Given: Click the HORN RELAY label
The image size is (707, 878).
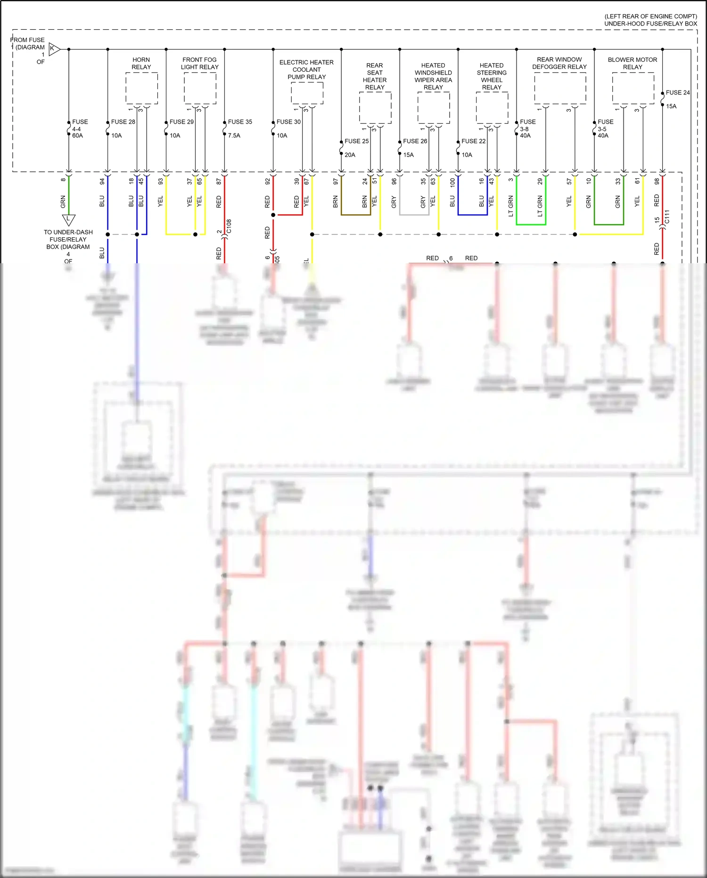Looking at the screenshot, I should (x=141, y=63).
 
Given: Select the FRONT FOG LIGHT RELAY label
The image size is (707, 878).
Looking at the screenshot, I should (x=199, y=63).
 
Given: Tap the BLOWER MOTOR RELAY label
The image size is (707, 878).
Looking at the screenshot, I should (x=632, y=63).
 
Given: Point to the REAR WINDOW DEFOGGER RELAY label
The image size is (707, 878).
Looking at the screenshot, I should (x=559, y=63).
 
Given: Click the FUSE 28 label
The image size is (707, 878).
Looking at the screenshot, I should (x=123, y=122).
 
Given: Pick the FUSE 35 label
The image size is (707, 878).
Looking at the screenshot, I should (x=240, y=122).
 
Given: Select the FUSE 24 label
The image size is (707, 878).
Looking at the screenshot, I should (x=677, y=92).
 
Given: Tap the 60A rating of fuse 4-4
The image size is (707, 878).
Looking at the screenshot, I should (x=77, y=135).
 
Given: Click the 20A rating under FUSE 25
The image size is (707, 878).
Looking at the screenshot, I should (x=350, y=155).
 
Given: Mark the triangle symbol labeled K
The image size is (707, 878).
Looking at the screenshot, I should (x=54, y=49).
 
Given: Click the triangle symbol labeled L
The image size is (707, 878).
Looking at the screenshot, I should (x=68, y=219).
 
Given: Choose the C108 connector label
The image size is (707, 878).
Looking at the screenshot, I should (x=229, y=226).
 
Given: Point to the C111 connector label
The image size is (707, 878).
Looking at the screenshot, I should (x=667, y=217).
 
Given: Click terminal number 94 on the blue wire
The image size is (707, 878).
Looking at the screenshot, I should (x=102, y=181).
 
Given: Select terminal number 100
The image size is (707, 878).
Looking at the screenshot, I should (x=452, y=182).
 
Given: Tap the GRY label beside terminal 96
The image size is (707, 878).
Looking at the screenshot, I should (x=394, y=202).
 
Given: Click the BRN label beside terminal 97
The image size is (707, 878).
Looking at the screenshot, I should (x=336, y=202).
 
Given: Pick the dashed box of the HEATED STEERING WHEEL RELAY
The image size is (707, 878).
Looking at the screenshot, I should (x=492, y=108).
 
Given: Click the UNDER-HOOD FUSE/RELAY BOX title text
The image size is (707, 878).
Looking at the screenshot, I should (x=650, y=24).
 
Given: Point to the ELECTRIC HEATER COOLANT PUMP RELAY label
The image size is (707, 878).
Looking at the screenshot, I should (x=306, y=69).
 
